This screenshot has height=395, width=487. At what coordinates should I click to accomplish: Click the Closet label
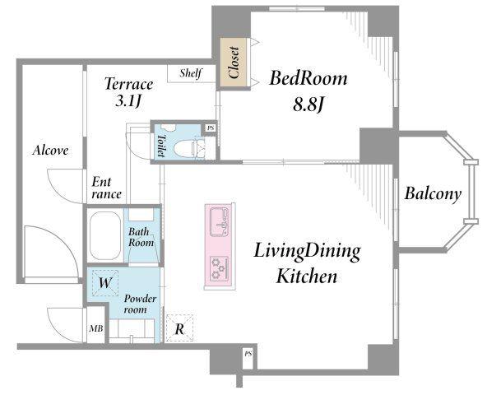pyautogui.click(x=234, y=63)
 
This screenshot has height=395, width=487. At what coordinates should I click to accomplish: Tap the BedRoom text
pyautogui.click(x=308, y=78)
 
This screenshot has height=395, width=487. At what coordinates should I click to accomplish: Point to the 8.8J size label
pyautogui.click(x=308, y=105)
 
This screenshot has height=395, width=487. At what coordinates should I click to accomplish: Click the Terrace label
pyautogui.click(x=128, y=84)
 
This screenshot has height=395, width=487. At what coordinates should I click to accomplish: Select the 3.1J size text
pyautogui.click(x=128, y=101)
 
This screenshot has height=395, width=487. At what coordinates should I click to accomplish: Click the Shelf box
pyautogui.click(x=192, y=74)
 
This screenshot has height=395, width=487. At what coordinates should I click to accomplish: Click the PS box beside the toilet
pyautogui.click(x=211, y=128)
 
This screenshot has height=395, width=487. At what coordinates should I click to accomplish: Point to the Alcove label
pyautogui.click(x=50, y=151)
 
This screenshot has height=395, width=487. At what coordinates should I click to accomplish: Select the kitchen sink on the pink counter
pyautogui.click(x=220, y=222)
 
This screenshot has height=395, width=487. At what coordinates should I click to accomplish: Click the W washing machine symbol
pyautogui.click(x=105, y=283)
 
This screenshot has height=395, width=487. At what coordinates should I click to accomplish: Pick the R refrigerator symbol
pyautogui.click(x=179, y=328)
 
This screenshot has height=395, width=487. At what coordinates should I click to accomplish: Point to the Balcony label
pyautogui.click(x=433, y=194)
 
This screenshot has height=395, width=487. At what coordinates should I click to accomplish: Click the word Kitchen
pyautogui.click(x=307, y=276)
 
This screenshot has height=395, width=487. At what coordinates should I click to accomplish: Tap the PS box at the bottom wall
pyautogui.click(x=248, y=354)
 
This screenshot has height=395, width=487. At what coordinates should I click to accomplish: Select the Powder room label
pyautogui.click(x=139, y=304)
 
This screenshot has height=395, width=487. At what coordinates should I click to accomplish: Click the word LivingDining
pyautogui.click(x=307, y=252)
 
